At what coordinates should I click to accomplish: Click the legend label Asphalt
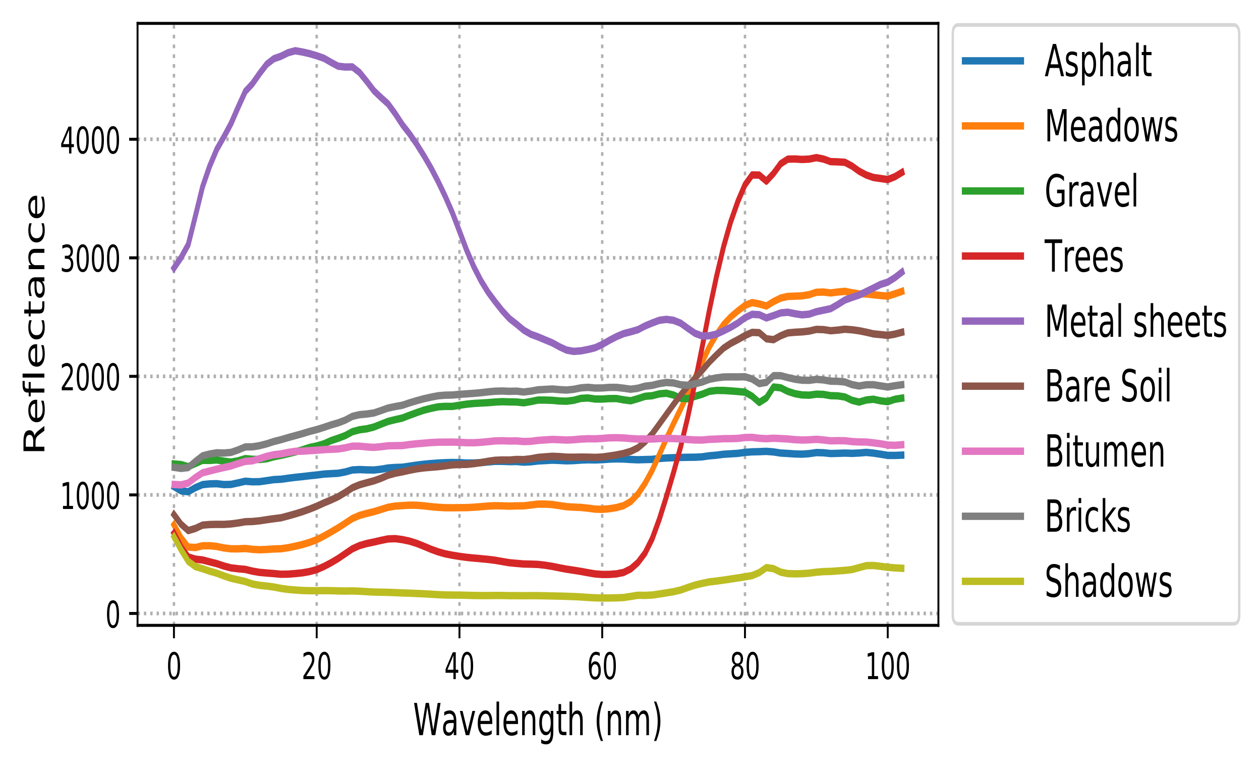[x=1098, y=62]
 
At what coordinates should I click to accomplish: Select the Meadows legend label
[x=1111, y=126]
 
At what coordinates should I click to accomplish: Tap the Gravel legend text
[x=1092, y=191]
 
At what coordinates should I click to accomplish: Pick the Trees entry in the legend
[x=1084, y=256]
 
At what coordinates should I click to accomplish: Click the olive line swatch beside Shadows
[x=993, y=581]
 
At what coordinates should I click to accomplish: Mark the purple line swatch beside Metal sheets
[x=993, y=321]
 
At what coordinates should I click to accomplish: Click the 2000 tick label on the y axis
[x=90, y=378]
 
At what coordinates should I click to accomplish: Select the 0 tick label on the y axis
[x=112, y=615]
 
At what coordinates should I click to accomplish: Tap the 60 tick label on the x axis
[x=602, y=668]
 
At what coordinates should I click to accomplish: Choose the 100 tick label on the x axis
[x=888, y=668]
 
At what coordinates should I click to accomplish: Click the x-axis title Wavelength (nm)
[x=538, y=721]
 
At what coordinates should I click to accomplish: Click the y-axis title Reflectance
[x=35, y=323]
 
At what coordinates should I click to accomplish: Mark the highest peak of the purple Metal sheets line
[x=296, y=50]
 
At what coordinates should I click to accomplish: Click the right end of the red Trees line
[x=903, y=171]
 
